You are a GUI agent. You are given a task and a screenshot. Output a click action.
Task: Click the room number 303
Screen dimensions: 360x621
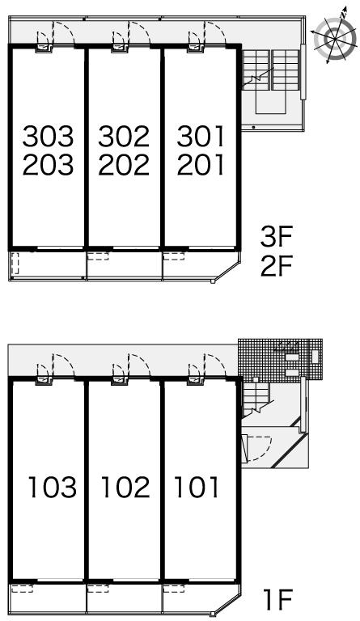[x=48, y=136]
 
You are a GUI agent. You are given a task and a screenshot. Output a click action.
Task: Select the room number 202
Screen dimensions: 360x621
[x=124, y=165]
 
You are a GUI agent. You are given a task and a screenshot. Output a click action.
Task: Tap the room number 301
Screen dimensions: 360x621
[x=201, y=136]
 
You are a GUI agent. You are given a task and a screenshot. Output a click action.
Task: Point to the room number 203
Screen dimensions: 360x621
[x=48, y=165]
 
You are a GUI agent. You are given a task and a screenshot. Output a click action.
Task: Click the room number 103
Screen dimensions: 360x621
[x=53, y=487]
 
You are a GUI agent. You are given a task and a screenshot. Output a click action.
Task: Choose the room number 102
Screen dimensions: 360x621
[x=126, y=487]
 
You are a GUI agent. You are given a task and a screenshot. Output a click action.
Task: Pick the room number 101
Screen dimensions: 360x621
[x=197, y=487]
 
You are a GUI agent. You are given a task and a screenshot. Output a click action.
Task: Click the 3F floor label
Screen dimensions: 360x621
[x=276, y=236]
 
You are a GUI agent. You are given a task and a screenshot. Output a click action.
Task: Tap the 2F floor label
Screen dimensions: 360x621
[x=276, y=266]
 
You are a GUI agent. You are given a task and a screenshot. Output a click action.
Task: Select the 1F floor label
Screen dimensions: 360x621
[x=277, y=599]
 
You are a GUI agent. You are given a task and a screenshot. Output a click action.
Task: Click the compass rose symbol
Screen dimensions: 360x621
[x=335, y=37]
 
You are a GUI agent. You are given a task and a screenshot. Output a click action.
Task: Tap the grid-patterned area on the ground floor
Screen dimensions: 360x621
[x=280, y=360]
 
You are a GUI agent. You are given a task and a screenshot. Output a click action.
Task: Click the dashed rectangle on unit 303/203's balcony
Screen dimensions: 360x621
[x=15, y=264]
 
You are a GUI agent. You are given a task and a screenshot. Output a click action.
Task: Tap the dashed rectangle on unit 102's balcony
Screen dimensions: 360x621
[x=98, y=589]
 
